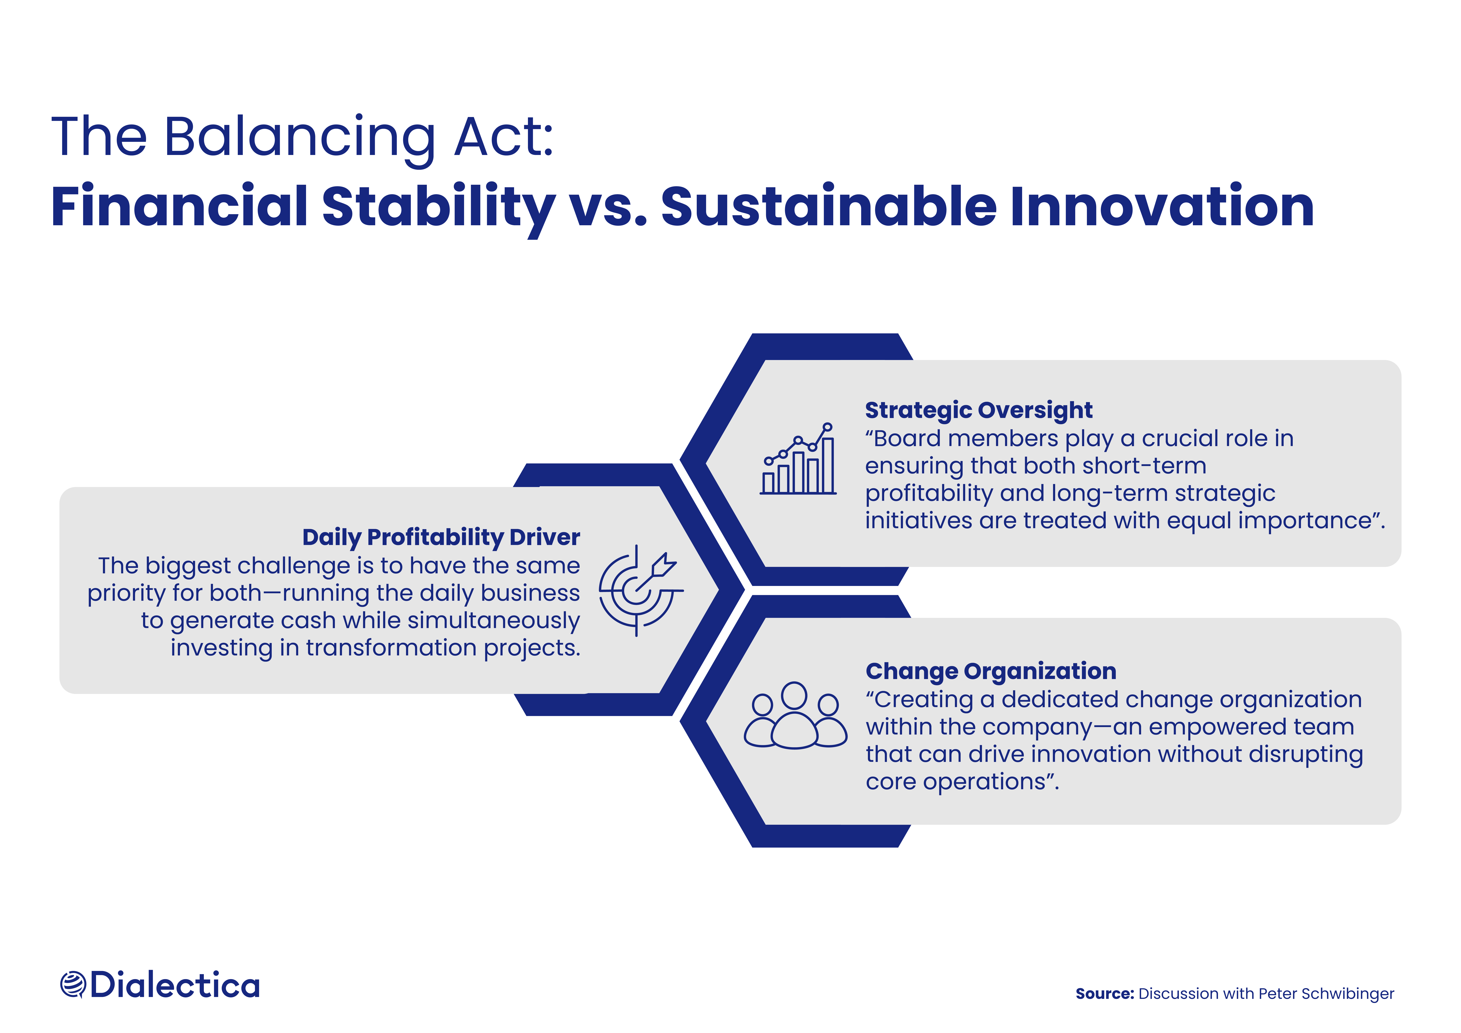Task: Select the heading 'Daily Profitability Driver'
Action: [x=441, y=538]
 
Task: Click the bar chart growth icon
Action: [x=798, y=458]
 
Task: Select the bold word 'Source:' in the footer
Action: [x=1105, y=994]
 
